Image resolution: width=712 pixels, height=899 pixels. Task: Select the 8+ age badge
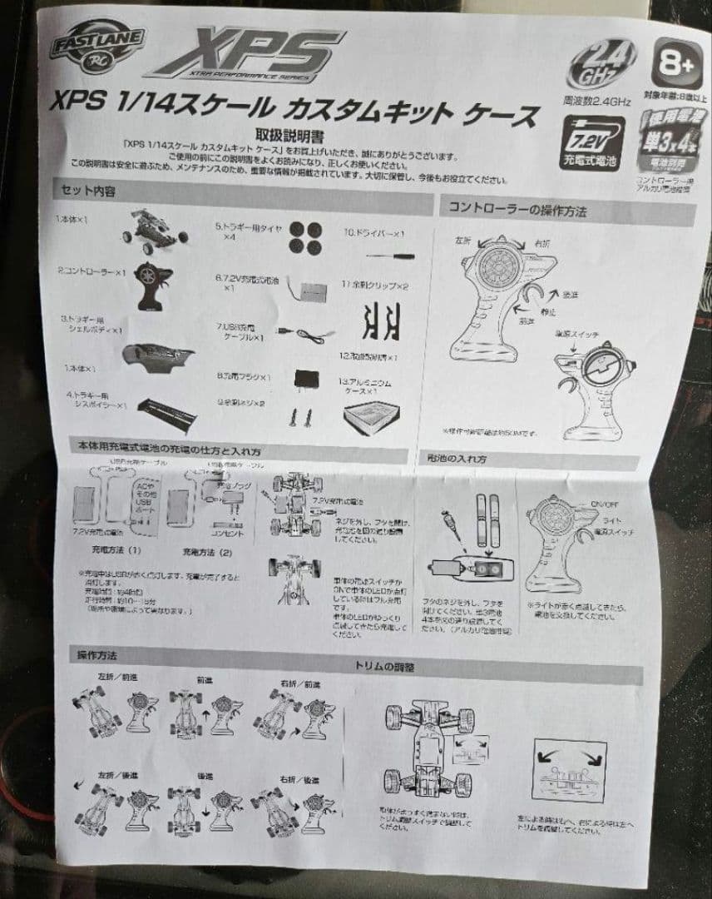click(x=674, y=61)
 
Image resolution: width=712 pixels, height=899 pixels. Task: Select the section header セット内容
click(x=88, y=191)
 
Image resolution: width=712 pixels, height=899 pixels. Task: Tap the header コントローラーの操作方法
click(x=518, y=211)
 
